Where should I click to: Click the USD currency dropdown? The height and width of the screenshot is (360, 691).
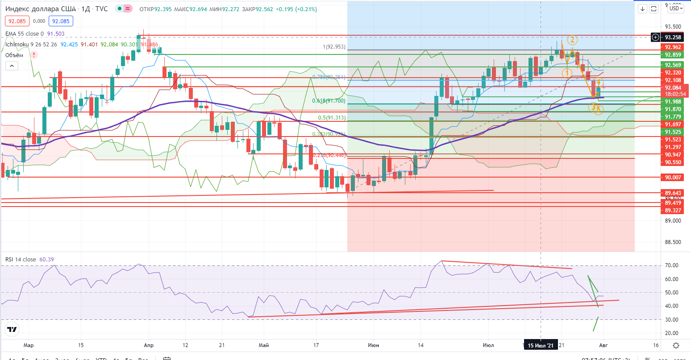(674, 8)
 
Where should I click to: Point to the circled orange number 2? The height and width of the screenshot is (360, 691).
(571, 40)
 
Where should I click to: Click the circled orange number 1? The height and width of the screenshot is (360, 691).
(567, 73)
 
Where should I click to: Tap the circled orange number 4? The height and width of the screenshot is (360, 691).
(599, 82)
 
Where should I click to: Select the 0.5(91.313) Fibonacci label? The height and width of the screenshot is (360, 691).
(333, 118)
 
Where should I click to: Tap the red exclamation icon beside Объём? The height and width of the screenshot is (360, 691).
(33, 55)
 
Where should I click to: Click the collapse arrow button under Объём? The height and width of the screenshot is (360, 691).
(12, 66)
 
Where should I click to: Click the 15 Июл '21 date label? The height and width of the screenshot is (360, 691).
(541, 346)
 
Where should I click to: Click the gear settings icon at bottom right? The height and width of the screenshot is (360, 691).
(676, 346)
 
